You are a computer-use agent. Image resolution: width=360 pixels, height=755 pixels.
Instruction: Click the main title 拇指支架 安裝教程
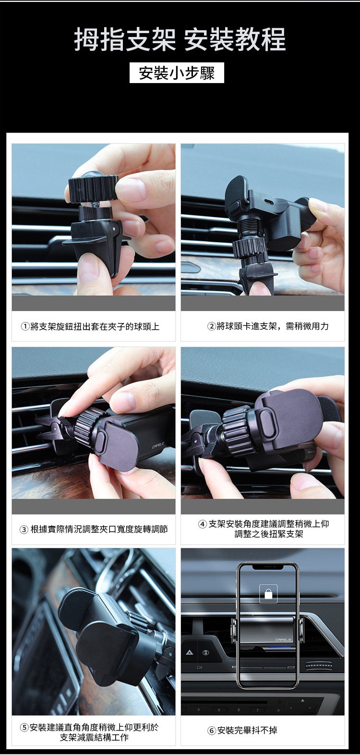[180, 40]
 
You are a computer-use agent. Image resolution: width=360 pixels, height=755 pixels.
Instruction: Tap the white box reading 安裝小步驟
[177, 73]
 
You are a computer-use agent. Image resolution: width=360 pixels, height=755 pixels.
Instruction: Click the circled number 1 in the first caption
[25, 326]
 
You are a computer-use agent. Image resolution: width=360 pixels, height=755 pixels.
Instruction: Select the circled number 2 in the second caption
[211, 326]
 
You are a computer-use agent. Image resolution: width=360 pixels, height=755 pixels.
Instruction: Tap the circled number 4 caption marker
[203, 524]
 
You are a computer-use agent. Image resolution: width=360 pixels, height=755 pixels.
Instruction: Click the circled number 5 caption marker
[24, 727]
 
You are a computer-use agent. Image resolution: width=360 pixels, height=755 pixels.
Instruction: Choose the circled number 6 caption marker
[211, 731]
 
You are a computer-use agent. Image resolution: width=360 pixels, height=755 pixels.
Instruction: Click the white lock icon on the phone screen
[268, 594]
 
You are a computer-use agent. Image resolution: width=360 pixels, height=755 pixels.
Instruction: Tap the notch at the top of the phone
[268, 568]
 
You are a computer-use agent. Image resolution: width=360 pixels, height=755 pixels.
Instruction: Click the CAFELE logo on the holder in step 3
[158, 444]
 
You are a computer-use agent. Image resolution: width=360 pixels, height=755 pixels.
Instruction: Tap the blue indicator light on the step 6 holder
[279, 647]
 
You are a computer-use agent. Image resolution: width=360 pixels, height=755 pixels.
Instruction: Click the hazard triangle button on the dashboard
[190, 653]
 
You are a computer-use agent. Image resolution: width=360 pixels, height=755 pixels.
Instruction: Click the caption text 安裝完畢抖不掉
[247, 731]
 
